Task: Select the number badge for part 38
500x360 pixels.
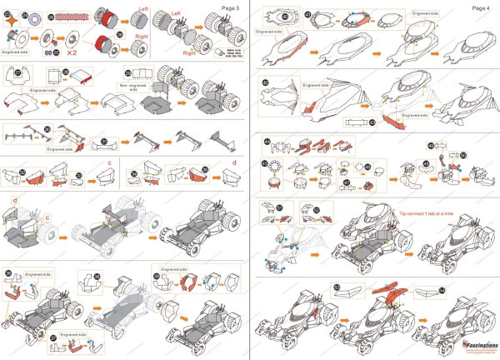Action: [97, 276]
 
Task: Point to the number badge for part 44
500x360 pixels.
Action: [267, 142]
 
